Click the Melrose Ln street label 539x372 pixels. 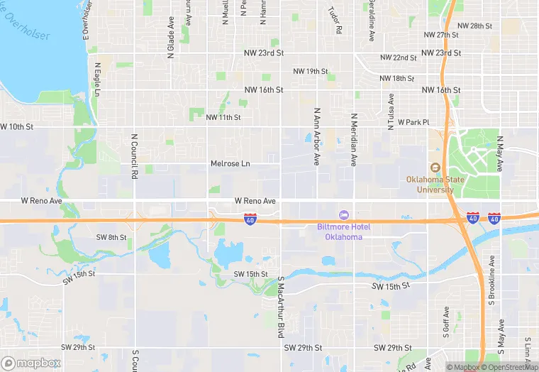(230, 164)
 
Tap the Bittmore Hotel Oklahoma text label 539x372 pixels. (343, 231)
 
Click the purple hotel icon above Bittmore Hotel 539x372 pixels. (344, 214)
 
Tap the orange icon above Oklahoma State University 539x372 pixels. (435, 168)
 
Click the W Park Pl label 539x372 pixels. (413, 122)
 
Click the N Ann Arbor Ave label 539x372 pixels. (316, 137)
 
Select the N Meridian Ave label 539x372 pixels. (354, 139)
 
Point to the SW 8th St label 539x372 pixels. (111, 237)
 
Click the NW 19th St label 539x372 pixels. (311, 72)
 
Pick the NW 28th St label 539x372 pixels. (475, 26)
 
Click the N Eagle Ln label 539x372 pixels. (97, 80)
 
